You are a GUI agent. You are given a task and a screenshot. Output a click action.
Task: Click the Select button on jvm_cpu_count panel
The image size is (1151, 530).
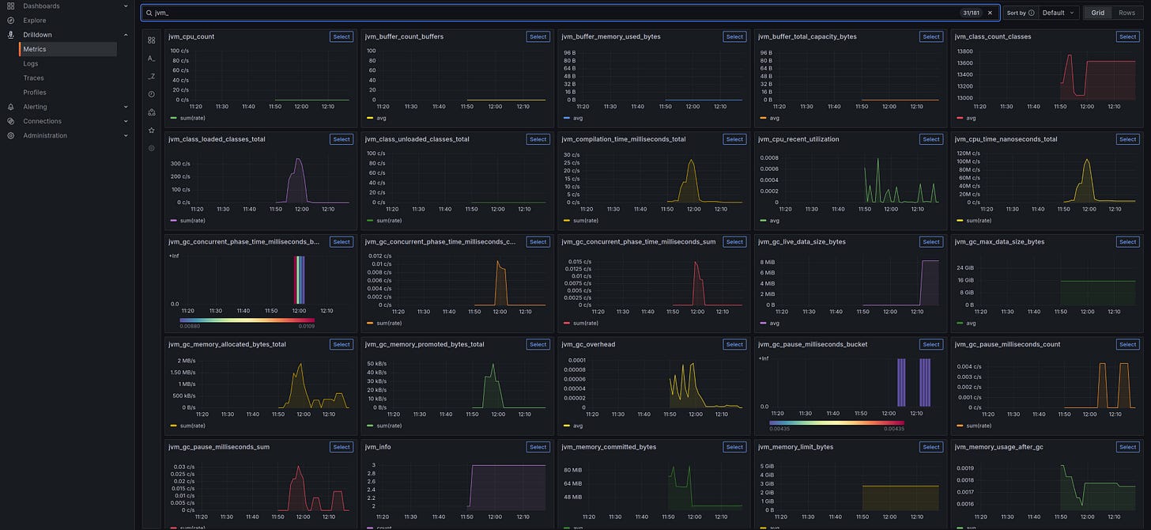(341, 36)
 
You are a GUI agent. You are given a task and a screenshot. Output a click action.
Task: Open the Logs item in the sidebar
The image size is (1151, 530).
(31, 63)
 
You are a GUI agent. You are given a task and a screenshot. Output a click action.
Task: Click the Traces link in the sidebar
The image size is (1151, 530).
(33, 78)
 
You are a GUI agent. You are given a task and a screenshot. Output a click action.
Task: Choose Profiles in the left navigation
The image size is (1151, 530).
(35, 93)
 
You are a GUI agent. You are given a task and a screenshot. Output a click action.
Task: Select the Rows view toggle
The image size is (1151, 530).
(1126, 13)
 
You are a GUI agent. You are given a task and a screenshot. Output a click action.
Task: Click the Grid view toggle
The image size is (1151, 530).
(1097, 13)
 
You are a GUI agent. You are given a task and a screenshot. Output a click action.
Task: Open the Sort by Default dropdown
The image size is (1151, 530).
(1059, 13)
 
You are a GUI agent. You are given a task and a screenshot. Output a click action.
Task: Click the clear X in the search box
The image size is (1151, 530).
(990, 13)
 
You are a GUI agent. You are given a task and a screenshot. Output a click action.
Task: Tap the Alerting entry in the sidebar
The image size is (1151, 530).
(35, 107)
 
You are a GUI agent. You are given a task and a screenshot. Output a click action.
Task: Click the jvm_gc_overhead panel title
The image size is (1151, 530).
(588, 344)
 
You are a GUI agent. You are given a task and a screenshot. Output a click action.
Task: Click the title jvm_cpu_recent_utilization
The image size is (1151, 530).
(798, 139)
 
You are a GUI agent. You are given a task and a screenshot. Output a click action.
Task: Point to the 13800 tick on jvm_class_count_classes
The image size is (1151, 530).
(964, 51)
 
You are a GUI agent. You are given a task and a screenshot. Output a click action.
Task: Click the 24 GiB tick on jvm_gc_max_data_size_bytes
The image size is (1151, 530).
(964, 267)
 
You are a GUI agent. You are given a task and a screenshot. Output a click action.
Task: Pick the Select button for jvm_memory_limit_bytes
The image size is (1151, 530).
(930, 447)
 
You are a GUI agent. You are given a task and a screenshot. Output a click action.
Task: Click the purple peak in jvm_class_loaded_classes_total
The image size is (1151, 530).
(298, 161)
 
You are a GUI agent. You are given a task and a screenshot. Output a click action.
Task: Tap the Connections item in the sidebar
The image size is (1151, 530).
(42, 121)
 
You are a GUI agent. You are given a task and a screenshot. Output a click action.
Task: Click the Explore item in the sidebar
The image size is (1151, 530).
(34, 21)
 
